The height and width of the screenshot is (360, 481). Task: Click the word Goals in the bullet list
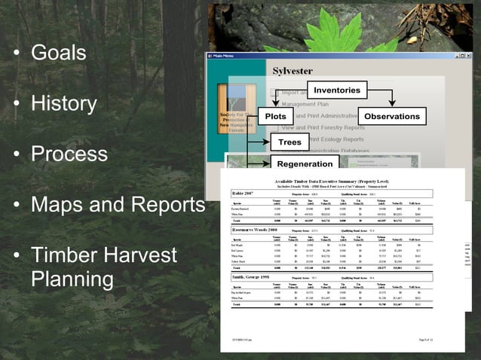(x=58, y=53)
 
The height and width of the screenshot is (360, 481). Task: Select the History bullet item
(x=63, y=104)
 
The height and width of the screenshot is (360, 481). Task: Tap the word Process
(x=69, y=154)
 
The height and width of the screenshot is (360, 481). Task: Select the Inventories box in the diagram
(x=336, y=91)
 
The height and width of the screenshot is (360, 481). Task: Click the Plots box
(x=275, y=117)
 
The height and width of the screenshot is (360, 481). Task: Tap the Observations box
(x=391, y=117)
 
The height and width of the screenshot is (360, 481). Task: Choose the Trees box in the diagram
(x=290, y=142)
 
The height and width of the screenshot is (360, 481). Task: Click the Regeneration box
(x=305, y=164)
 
